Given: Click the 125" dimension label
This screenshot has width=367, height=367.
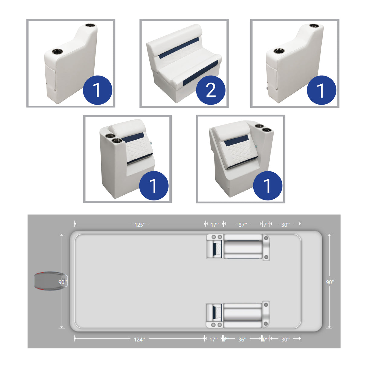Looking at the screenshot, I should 140,225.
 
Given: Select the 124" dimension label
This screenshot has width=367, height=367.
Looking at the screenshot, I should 139,339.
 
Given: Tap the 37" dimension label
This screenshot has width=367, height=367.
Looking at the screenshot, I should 243,225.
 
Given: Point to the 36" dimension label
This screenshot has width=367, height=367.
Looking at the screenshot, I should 242,339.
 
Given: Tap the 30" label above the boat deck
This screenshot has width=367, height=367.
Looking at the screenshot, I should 285,225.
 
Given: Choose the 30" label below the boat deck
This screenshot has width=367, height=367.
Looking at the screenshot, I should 285,339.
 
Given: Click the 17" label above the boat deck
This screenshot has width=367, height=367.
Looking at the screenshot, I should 214,225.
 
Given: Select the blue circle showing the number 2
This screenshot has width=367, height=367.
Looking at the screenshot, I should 211,90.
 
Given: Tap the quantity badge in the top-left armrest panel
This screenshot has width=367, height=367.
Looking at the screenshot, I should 97,90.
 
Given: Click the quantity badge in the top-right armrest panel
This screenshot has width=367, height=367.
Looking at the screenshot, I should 321,90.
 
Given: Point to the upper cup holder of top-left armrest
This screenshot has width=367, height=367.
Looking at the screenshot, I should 90,26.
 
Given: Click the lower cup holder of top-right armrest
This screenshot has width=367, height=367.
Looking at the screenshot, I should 279,51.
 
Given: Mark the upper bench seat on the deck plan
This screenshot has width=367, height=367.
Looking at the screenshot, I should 243,246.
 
